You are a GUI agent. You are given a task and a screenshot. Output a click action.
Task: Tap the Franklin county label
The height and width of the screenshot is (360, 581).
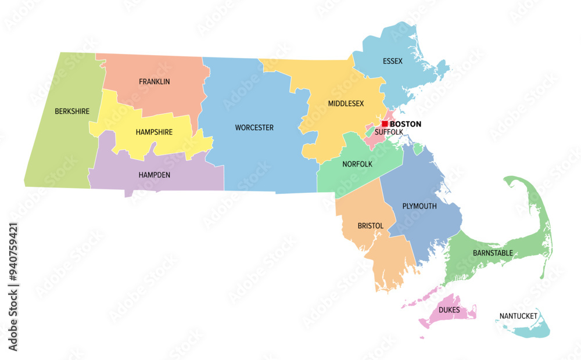tap(155, 82)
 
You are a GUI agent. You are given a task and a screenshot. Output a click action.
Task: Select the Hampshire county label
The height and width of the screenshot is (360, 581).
tap(154, 132)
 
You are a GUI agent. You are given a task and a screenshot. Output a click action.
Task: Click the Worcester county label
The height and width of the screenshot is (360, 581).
tap(254, 128)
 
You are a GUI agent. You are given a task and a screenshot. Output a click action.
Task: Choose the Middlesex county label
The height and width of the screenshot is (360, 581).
tap(346, 104)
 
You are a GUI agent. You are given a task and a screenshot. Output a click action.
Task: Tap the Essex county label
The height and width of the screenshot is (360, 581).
tap(392, 60)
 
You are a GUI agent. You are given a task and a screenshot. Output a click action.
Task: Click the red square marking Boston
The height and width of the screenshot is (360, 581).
tap(385, 124)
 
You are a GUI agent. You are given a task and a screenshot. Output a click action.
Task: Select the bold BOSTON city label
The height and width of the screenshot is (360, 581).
tap(406, 124)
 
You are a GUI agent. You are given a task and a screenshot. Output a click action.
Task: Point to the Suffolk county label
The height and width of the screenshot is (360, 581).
tap(389, 132)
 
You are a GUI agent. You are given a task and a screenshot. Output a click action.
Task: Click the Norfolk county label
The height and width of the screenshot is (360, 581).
tap(357, 164)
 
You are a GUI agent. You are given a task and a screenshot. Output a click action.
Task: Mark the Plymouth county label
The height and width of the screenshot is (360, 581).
tap(419, 206)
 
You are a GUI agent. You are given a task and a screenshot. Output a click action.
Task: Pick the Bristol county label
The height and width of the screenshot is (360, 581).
tap(371, 225)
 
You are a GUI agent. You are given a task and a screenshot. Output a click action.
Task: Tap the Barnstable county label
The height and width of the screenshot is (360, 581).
tap(493, 253)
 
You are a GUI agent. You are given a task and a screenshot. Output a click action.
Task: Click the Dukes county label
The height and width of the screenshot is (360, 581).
tap(450, 310)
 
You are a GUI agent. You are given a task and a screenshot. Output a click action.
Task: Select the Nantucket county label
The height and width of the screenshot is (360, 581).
tap(518, 316)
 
